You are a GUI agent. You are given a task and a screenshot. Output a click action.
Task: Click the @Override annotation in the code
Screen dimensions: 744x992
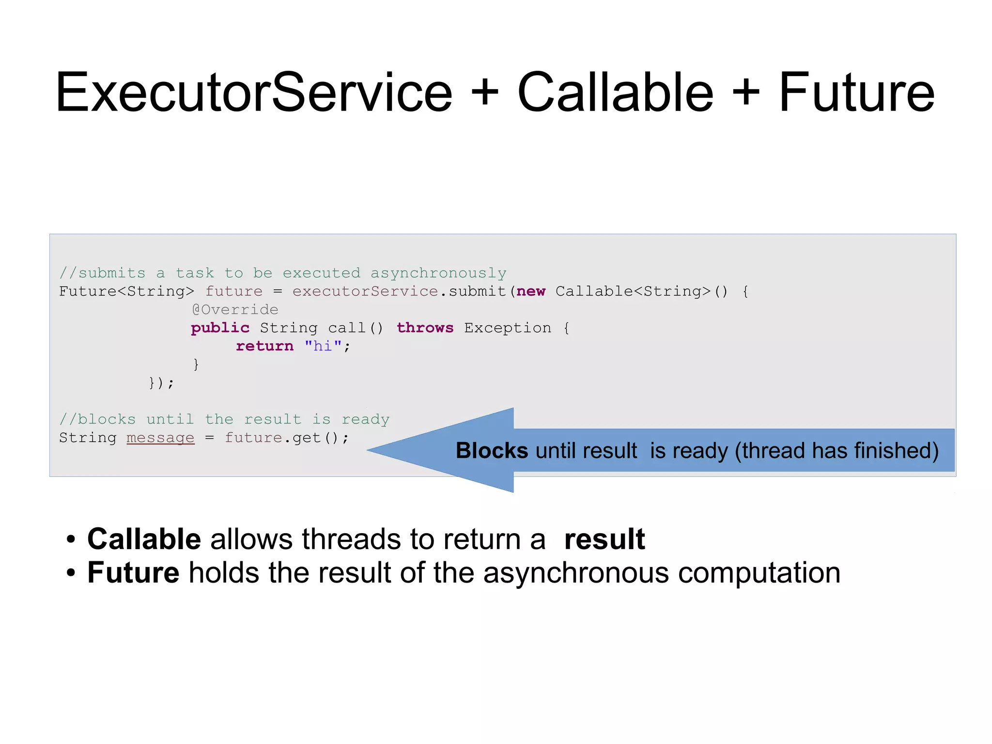(x=235, y=310)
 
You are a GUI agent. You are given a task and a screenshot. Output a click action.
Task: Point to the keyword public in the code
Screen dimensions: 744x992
(x=220, y=328)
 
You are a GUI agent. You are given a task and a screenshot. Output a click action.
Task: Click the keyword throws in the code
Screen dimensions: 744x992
(x=425, y=328)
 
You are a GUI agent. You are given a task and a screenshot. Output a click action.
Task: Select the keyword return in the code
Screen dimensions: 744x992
(x=264, y=346)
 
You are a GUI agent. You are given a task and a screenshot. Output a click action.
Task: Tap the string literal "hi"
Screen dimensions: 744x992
(x=323, y=346)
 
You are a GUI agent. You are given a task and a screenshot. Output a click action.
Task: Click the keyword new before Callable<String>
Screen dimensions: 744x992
(x=531, y=291)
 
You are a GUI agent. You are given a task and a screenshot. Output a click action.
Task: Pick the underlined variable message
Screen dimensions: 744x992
(x=160, y=438)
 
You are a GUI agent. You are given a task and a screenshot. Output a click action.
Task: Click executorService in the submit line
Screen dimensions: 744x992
(x=365, y=291)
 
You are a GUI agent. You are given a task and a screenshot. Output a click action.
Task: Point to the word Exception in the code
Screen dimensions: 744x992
(x=508, y=328)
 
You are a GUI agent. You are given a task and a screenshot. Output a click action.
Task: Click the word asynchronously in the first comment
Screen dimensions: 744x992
(x=438, y=273)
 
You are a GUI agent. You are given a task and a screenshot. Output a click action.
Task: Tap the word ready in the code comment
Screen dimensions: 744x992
(x=366, y=419)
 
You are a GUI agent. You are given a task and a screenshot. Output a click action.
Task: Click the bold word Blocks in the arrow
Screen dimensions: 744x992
(x=492, y=451)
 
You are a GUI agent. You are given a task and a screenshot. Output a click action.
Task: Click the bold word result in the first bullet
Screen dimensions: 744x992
(x=604, y=539)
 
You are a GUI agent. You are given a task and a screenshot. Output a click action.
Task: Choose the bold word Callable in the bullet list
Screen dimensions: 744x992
(x=144, y=539)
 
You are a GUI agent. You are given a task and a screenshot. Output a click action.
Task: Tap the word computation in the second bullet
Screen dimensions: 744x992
(x=759, y=573)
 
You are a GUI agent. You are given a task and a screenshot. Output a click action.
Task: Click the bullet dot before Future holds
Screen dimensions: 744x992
(x=71, y=573)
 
